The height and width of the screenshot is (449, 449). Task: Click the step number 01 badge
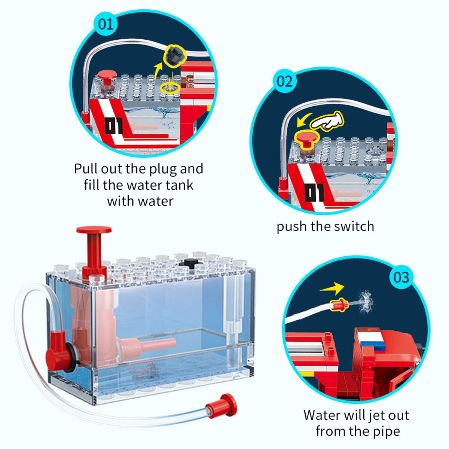pyautogui.click(x=105, y=24)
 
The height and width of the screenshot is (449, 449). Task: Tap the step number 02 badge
pyautogui.click(x=285, y=82)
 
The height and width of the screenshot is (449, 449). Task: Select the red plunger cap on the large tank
pyautogui.click(x=94, y=230)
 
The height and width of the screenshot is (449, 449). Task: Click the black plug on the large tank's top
pyautogui.click(x=190, y=262)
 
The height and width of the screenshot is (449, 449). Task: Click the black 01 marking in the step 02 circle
pyautogui.click(x=315, y=192)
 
